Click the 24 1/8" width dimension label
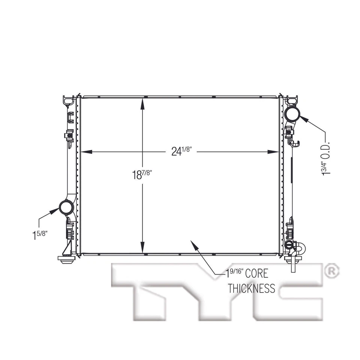pyautogui.click(x=182, y=151)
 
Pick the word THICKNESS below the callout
pyautogui.click(x=251, y=288)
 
